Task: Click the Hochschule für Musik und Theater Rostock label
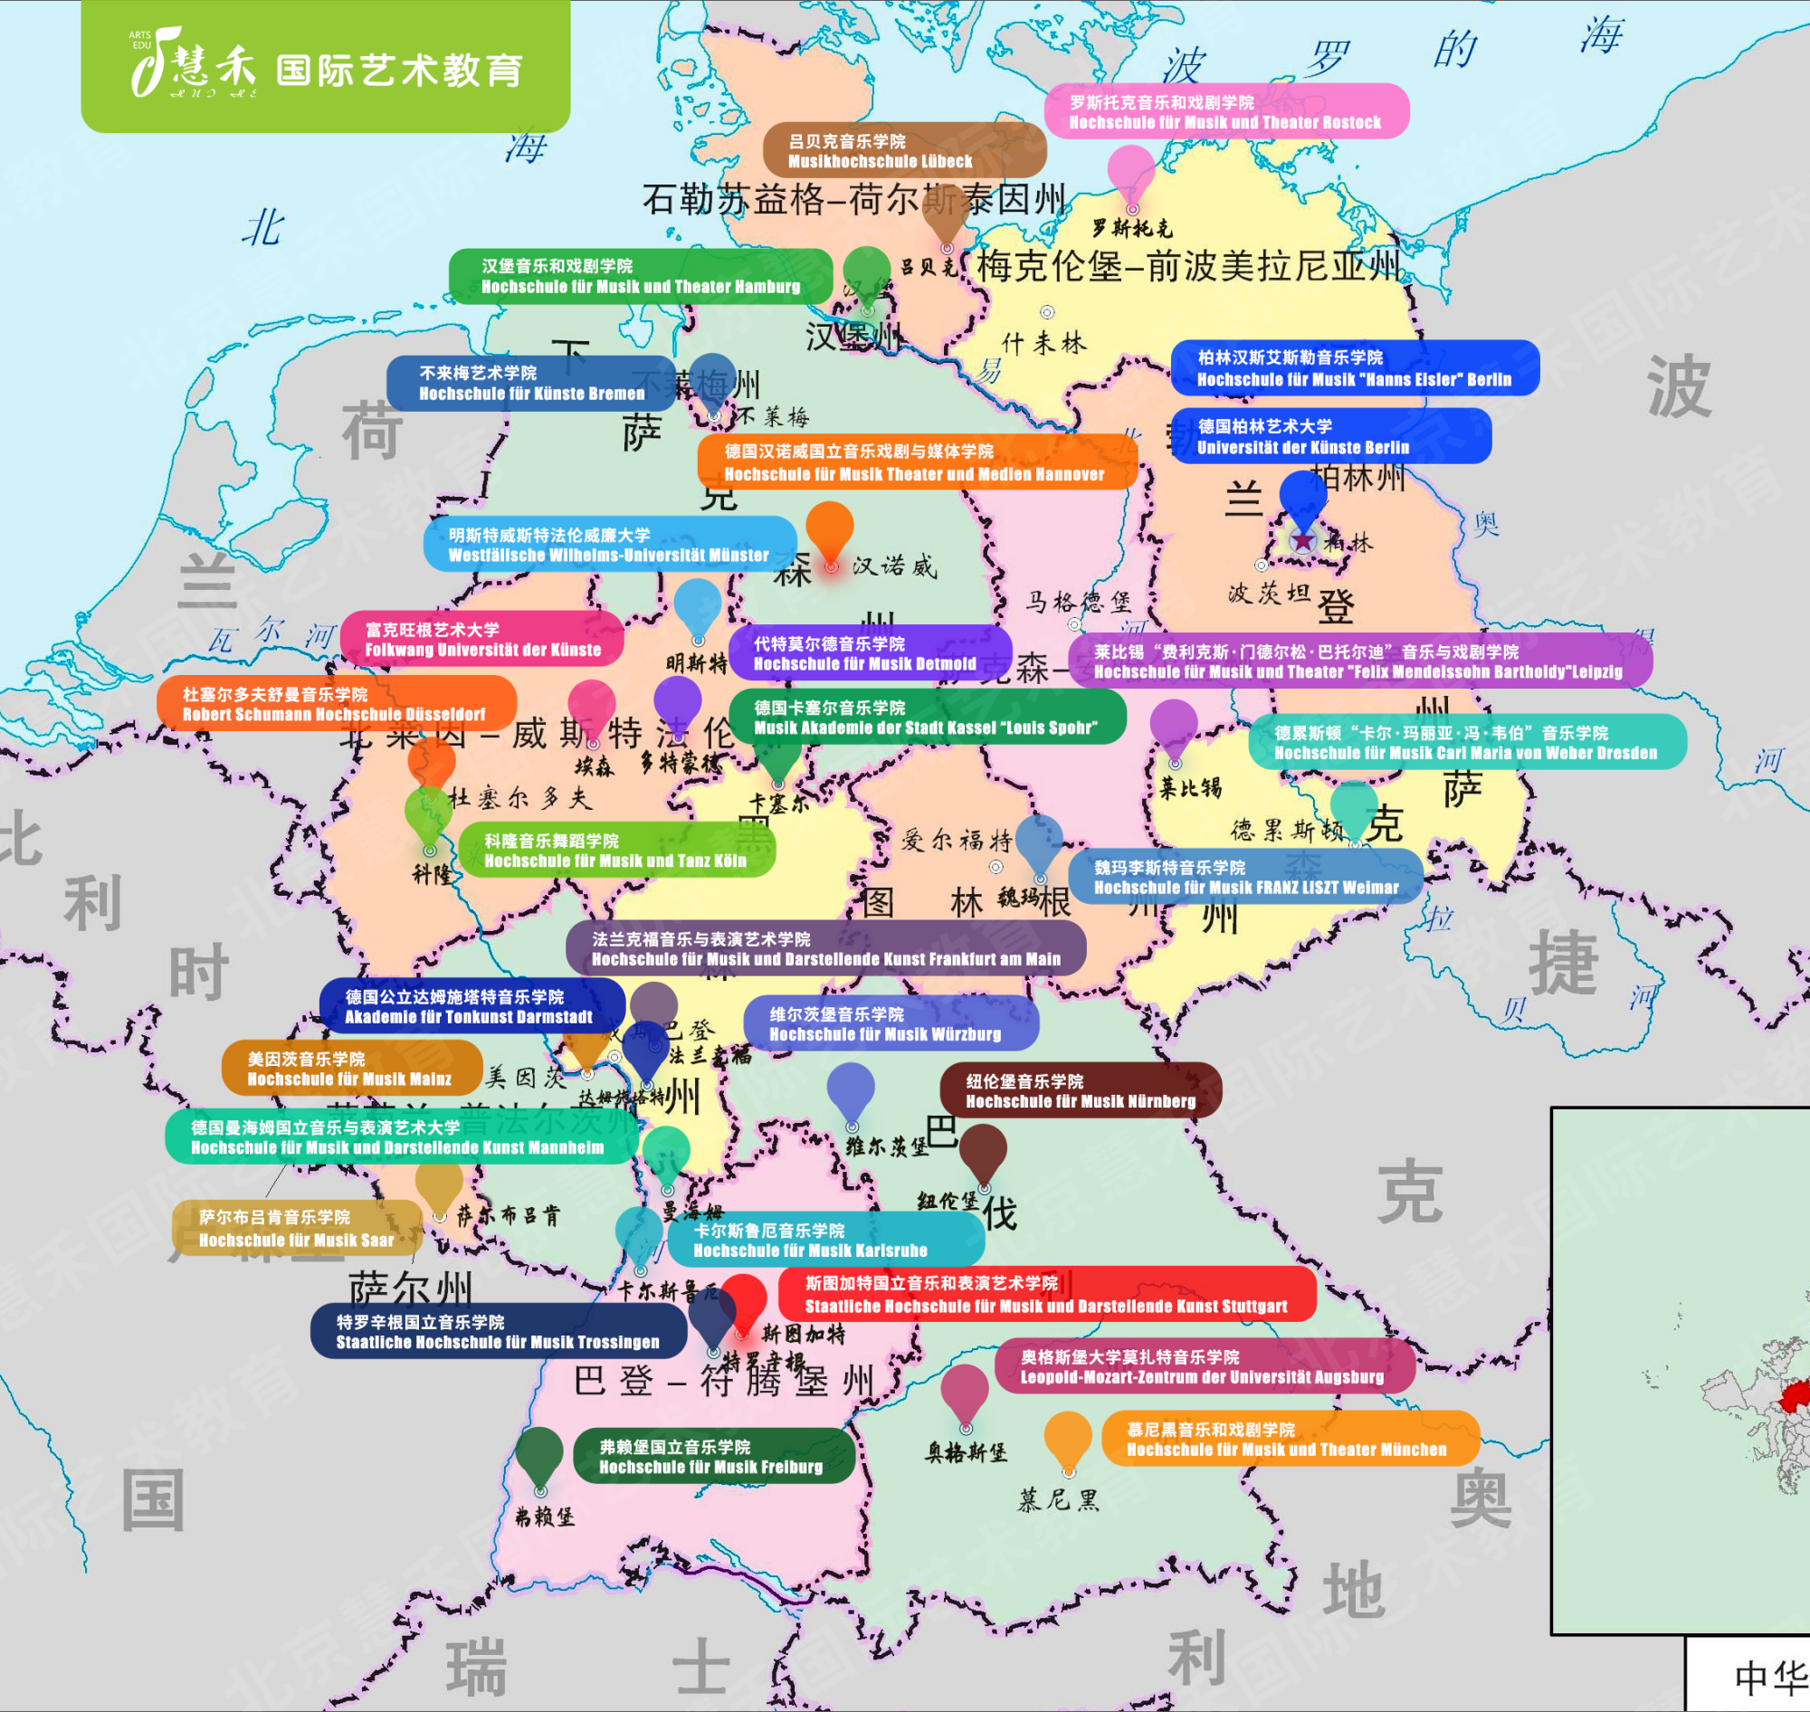pyautogui.click(x=1226, y=111)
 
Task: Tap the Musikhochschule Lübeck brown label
pyautogui.click(x=903, y=150)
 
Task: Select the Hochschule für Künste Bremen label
pyautogui.click(x=532, y=384)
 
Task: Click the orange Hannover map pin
pyautogui.click(x=830, y=529)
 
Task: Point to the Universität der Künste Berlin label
pyautogui.click(x=1329, y=436)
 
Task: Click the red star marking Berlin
pyautogui.click(x=1302, y=540)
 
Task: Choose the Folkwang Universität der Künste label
pyautogui.click(x=483, y=639)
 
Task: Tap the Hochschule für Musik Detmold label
pyautogui.click(x=869, y=653)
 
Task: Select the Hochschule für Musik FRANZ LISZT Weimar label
pyautogui.click(x=1245, y=877)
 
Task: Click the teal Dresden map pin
pyautogui.click(x=1354, y=808)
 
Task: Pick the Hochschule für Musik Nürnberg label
pyautogui.click(x=1080, y=1090)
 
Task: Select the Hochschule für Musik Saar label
pyautogui.click(x=297, y=1228)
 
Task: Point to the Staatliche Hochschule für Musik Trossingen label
pyautogui.click(x=498, y=1331)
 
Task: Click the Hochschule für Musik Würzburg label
pyautogui.click(x=890, y=1024)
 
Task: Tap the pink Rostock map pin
pyautogui.click(x=1131, y=172)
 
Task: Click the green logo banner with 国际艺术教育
pyautogui.click(x=326, y=67)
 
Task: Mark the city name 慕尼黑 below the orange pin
pyautogui.click(x=1058, y=1499)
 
